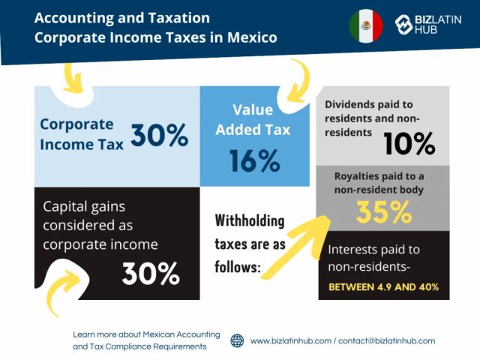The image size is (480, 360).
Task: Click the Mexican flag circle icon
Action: tap(366, 25)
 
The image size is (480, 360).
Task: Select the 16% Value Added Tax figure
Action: tap(254, 160)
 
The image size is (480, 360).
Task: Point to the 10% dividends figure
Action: tap(409, 143)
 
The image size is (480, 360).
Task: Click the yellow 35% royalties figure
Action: tap(383, 212)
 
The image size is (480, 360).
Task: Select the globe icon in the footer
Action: tap(237, 340)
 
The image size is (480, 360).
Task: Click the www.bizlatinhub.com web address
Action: tap(291, 340)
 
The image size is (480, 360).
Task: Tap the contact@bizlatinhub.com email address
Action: tap(386, 340)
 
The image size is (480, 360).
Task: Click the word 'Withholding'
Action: tap(250, 221)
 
